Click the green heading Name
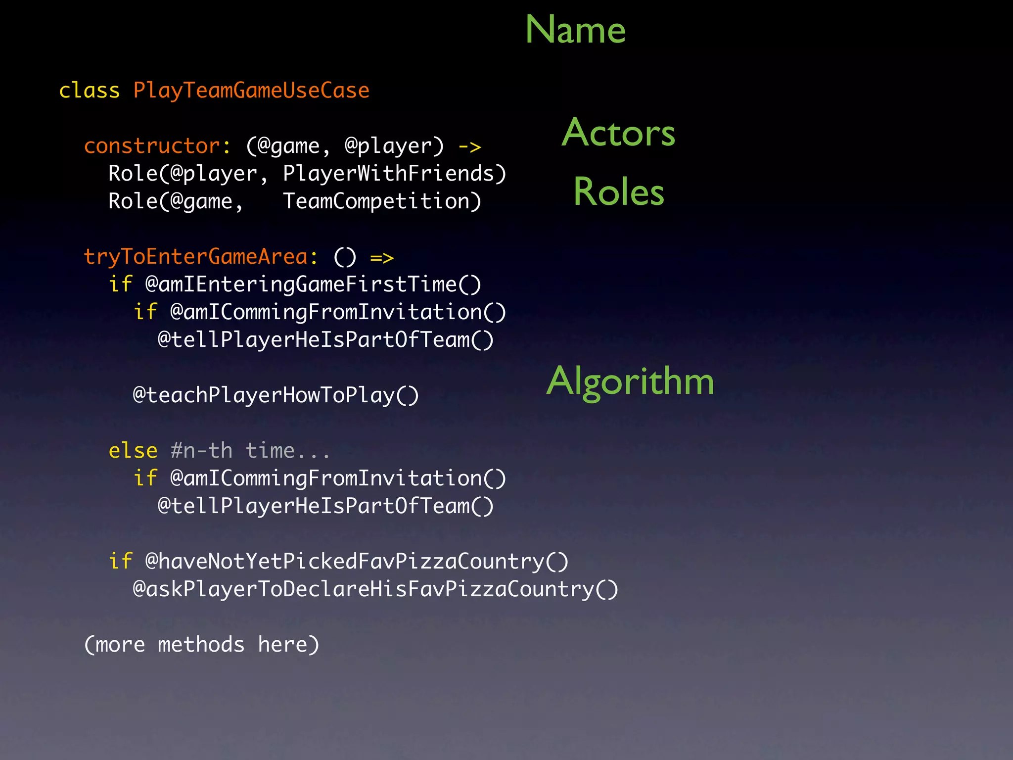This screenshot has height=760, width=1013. pos(575,30)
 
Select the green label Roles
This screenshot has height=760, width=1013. pos(618,192)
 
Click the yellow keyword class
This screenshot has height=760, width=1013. pos(90,91)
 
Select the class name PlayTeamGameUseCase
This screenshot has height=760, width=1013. pos(251,91)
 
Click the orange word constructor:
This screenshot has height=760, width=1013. pos(157,146)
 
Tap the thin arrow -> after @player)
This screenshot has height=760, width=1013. pos(469,147)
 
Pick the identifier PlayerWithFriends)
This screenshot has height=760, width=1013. pos(394,174)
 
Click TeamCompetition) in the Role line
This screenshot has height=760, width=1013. pos(382,201)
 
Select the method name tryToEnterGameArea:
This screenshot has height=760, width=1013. pos(201,257)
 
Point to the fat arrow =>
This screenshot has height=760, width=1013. pos(382,258)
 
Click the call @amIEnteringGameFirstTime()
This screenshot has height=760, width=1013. pos(313,285)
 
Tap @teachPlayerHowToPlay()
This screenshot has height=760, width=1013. pos(276,395)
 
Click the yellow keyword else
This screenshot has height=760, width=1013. pos(133,451)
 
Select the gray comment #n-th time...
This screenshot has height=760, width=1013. pos(250,451)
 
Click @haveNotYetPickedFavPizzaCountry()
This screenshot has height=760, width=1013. pos(357,562)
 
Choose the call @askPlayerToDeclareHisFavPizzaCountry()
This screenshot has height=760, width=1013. pos(375,589)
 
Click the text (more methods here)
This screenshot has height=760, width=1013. pos(202,645)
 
